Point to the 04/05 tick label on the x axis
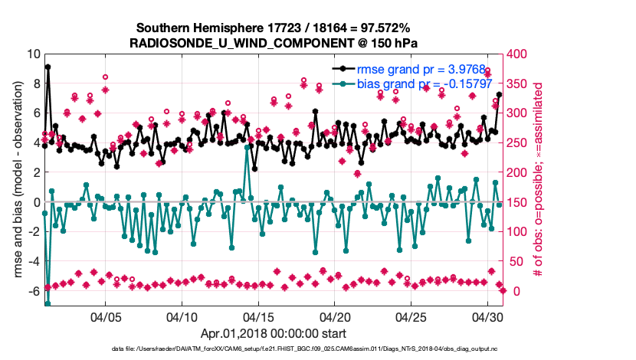point(106,316)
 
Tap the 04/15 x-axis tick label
point(259,316)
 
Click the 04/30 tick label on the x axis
point(488,316)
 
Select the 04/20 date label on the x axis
point(335,316)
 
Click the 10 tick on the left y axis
point(33,54)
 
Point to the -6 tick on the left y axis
point(33,292)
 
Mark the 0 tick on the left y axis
point(36,203)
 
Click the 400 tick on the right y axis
point(520,54)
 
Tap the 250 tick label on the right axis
point(520,143)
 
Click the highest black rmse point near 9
point(48,67)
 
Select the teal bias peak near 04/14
point(247,147)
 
